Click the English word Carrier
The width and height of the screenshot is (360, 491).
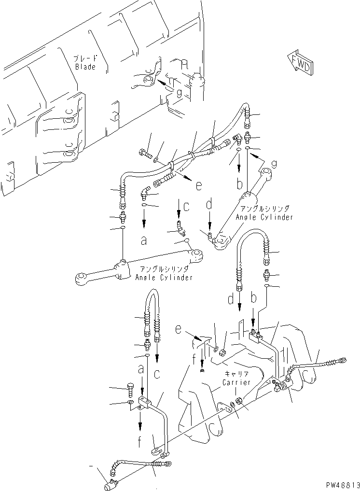click(x=236, y=382)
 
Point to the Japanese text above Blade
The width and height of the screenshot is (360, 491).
click(x=85, y=58)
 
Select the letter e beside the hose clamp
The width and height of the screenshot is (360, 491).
click(x=198, y=184)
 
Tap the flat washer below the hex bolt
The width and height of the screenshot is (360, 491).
click(x=130, y=402)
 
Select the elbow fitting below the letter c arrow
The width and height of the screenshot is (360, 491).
click(x=180, y=225)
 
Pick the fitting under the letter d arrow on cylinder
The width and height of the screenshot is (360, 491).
click(x=210, y=235)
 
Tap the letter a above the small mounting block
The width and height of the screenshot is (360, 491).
click(x=141, y=369)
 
